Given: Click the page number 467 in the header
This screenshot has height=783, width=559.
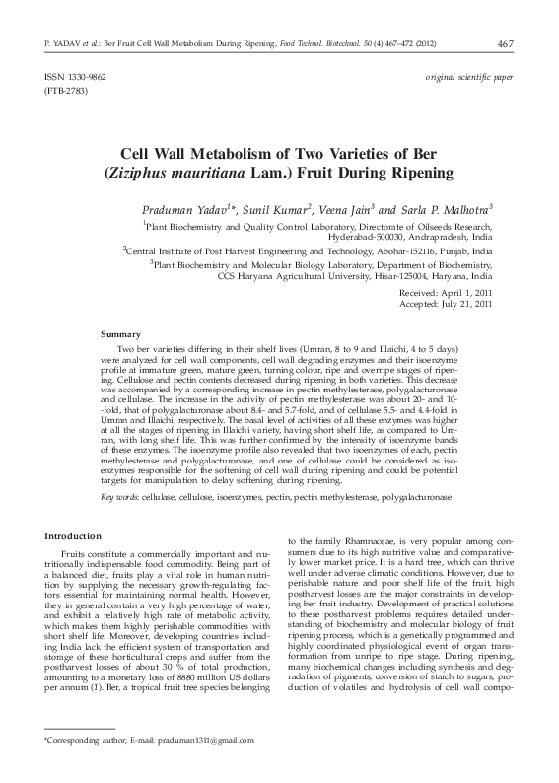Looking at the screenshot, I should pos(507,43).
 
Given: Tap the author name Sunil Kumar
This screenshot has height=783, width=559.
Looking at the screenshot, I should pos(283,211).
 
